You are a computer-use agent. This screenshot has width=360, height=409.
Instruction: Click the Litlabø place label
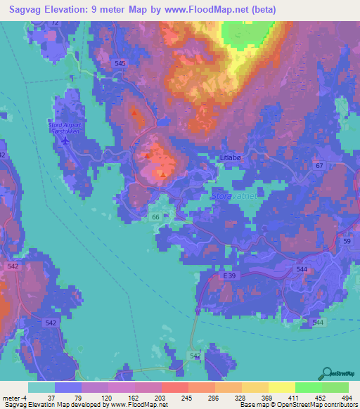tap(231, 159)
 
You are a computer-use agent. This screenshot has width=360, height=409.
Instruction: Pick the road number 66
tap(156, 218)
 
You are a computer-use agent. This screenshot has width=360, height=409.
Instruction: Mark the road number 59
tap(347, 242)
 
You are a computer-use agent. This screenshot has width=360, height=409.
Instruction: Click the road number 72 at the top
tap(55, 24)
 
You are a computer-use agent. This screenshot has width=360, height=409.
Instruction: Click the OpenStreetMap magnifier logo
tap(327, 373)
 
